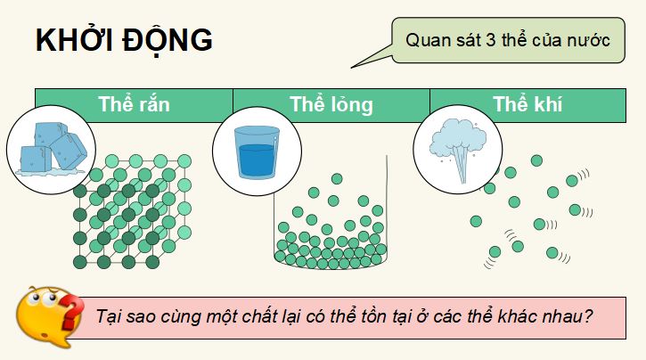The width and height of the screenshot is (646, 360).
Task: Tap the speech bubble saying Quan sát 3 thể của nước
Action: [x=506, y=41]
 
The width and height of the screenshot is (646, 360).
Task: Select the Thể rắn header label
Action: [x=135, y=103]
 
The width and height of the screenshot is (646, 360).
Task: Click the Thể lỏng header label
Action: [x=331, y=103]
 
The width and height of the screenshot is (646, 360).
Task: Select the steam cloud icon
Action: [x=456, y=147]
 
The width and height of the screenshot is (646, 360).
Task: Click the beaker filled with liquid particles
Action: [x=330, y=223]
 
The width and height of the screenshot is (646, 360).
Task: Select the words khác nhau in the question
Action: [x=547, y=316]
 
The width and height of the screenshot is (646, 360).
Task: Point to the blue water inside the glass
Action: [x=255, y=160]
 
